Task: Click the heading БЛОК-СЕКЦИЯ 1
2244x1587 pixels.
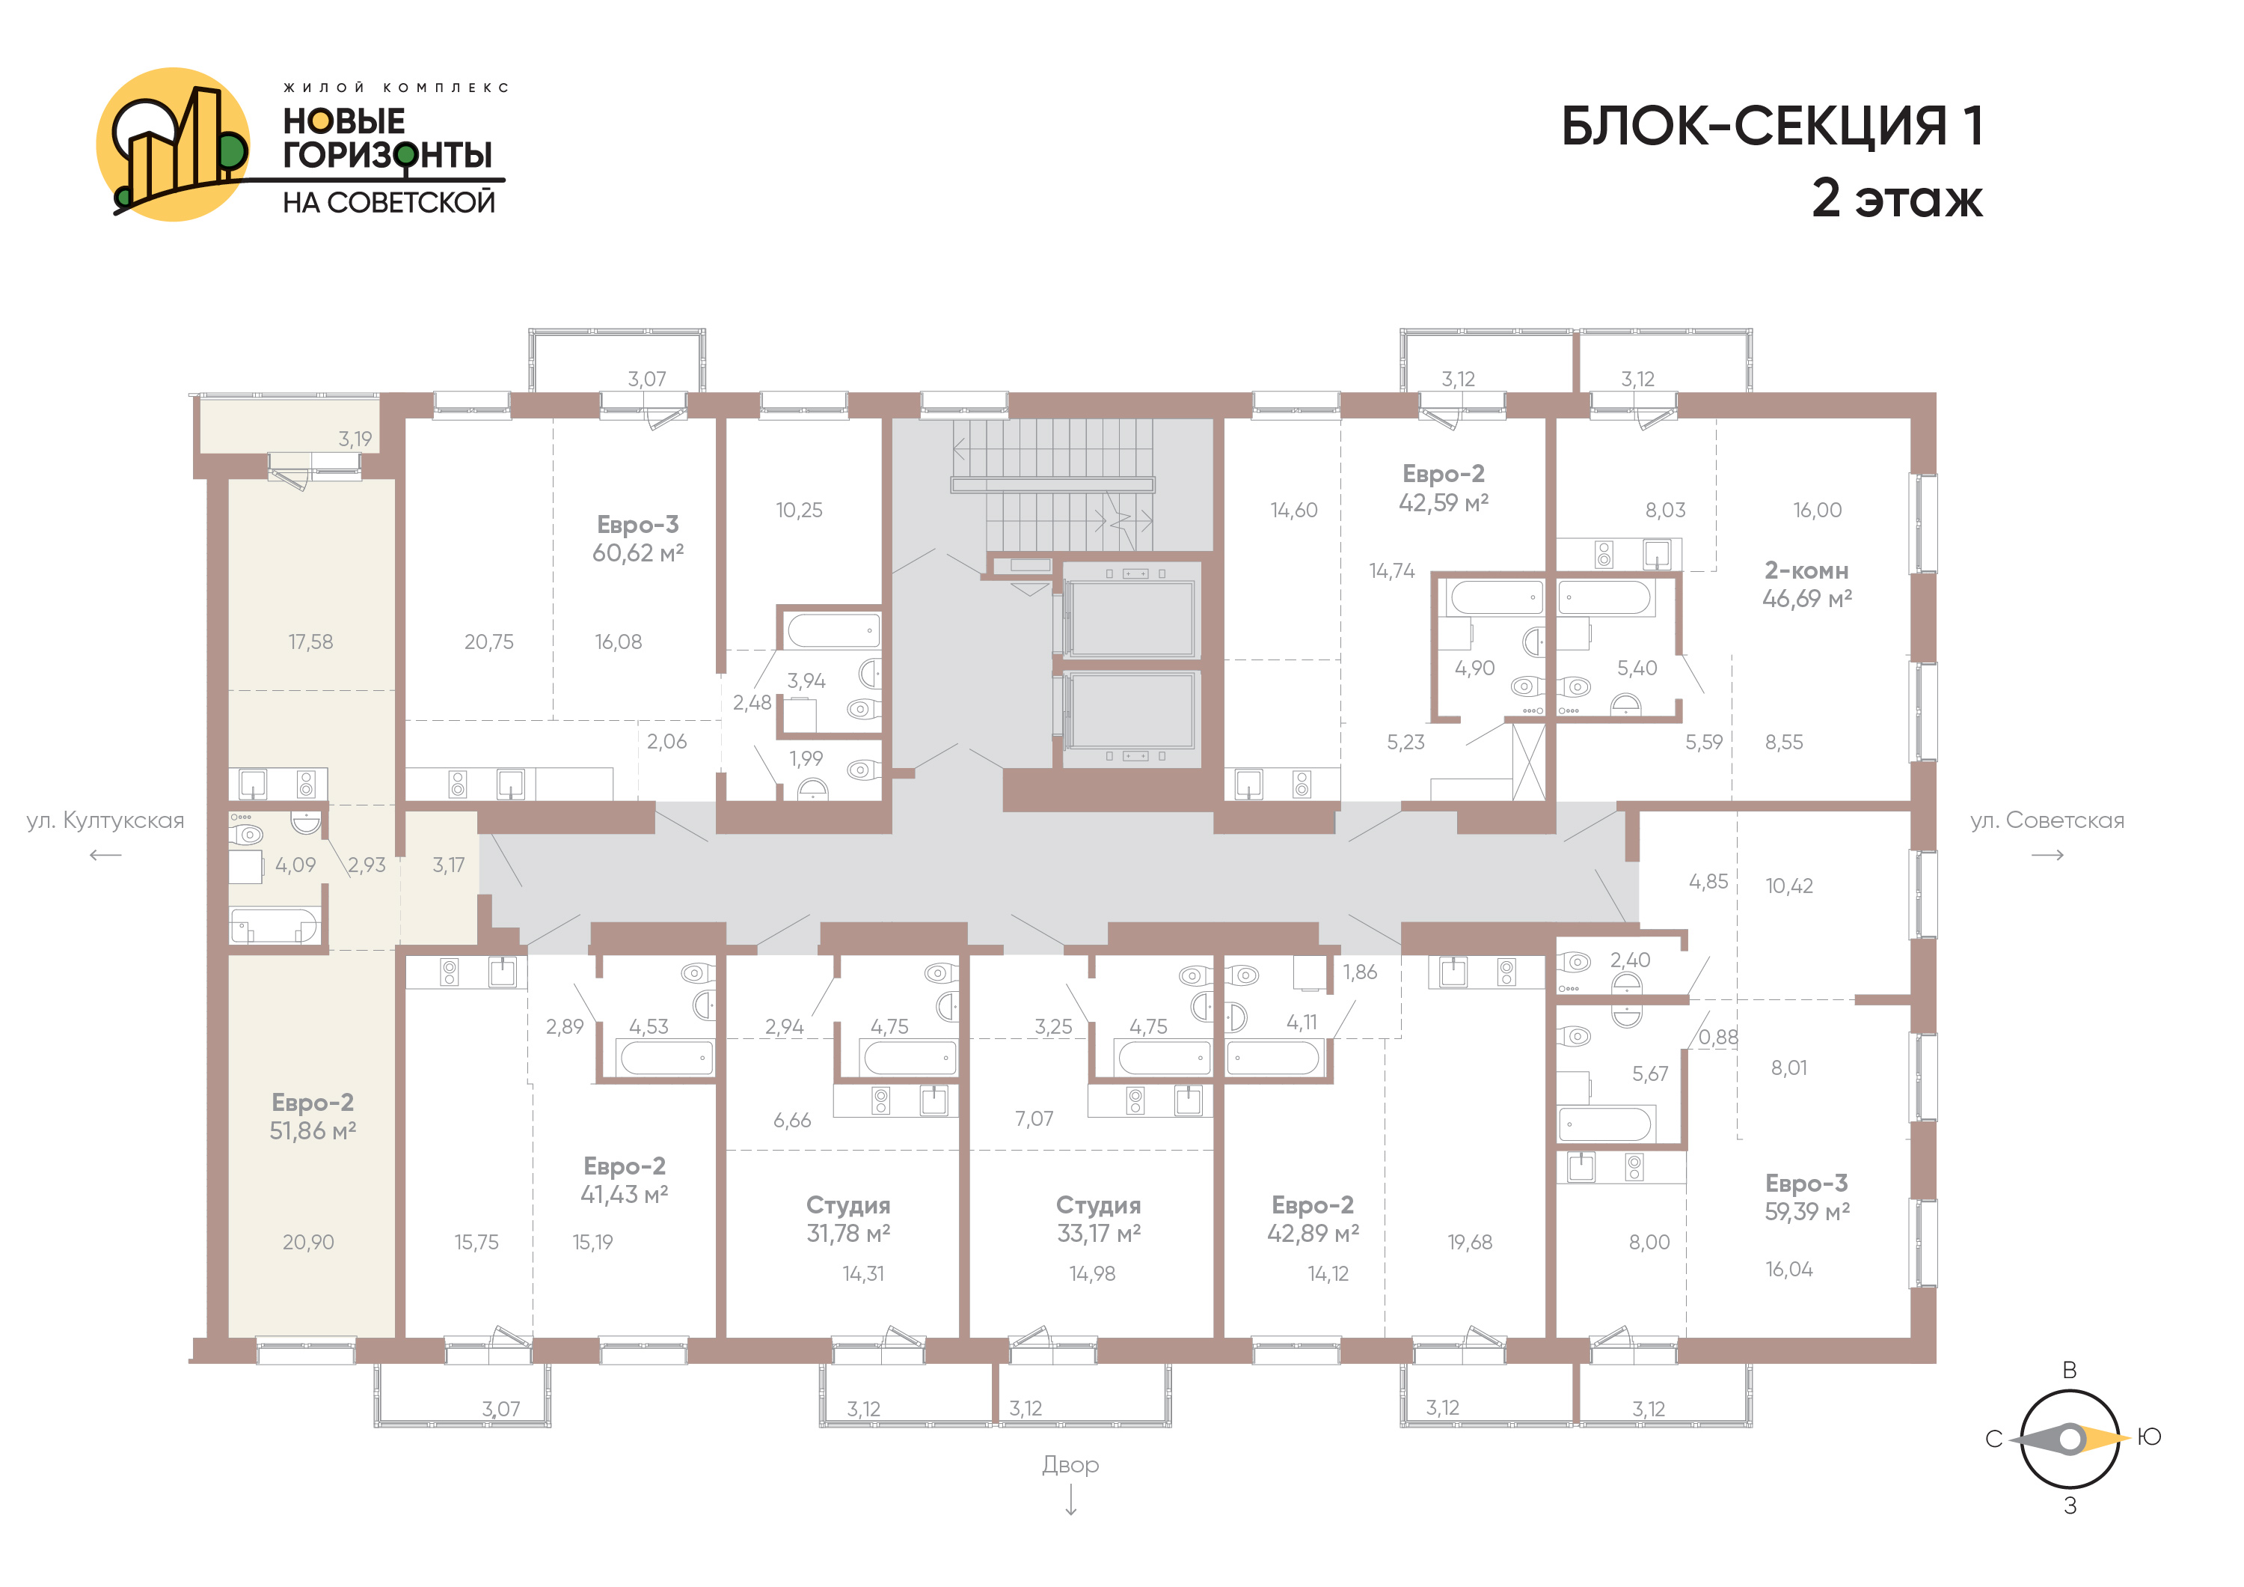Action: pyautogui.click(x=1772, y=127)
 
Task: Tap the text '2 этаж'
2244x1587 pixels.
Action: pyautogui.click(x=1897, y=198)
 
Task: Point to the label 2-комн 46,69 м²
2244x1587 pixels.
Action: pyautogui.click(x=1806, y=584)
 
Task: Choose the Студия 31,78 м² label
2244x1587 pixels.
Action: pyautogui.click(x=847, y=1219)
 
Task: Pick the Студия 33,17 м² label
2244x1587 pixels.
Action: pyautogui.click(x=1099, y=1219)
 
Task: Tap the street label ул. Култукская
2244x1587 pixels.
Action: pyautogui.click(x=105, y=820)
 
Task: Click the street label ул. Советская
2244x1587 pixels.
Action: pyautogui.click(x=2047, y=820)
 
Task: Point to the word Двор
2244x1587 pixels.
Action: pyautogui.click(x=1070, y=1465)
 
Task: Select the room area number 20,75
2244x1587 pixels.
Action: pyautogui.click(x=488, y=642)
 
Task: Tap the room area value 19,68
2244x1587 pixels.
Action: pyautogui.click(x=1470, y=1243)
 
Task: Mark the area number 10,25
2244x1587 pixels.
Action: pyautogui.click(x=800, y=511)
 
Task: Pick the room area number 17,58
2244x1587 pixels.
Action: pyautogui.click(x=311, y=642)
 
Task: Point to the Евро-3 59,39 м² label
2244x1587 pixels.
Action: pyautogui.click(x=1806, y=1198)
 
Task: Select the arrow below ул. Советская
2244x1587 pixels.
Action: pyautogui.click(x=2047, y=856)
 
